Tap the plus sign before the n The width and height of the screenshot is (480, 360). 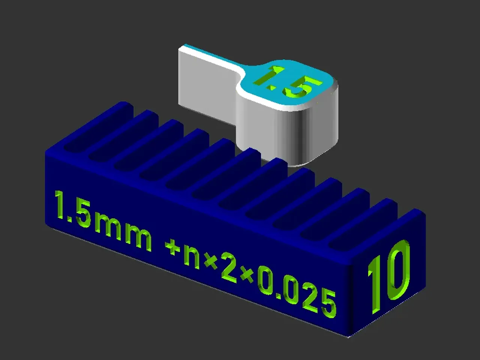coord(173,247)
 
